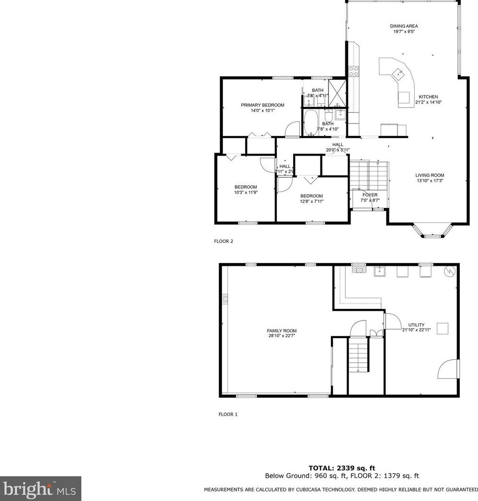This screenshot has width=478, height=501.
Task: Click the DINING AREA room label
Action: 400,26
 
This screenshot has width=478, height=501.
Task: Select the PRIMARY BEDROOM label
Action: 262,105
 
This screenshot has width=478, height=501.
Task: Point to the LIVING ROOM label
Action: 430,175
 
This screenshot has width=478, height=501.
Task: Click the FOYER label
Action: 370,195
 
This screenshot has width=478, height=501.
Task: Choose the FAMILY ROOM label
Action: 282,330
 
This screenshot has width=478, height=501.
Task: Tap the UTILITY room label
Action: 416,325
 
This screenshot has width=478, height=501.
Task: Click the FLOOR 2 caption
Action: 223,241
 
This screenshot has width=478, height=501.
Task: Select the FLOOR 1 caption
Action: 228,414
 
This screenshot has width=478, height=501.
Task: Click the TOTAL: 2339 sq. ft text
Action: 342,468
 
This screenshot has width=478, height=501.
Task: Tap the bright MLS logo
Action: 40,489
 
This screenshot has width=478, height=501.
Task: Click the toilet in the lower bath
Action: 329,116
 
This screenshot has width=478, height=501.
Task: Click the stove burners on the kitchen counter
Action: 354,71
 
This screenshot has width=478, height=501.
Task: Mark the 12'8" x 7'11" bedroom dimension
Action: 311,201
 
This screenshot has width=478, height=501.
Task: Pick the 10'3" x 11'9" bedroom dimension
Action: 246,193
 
